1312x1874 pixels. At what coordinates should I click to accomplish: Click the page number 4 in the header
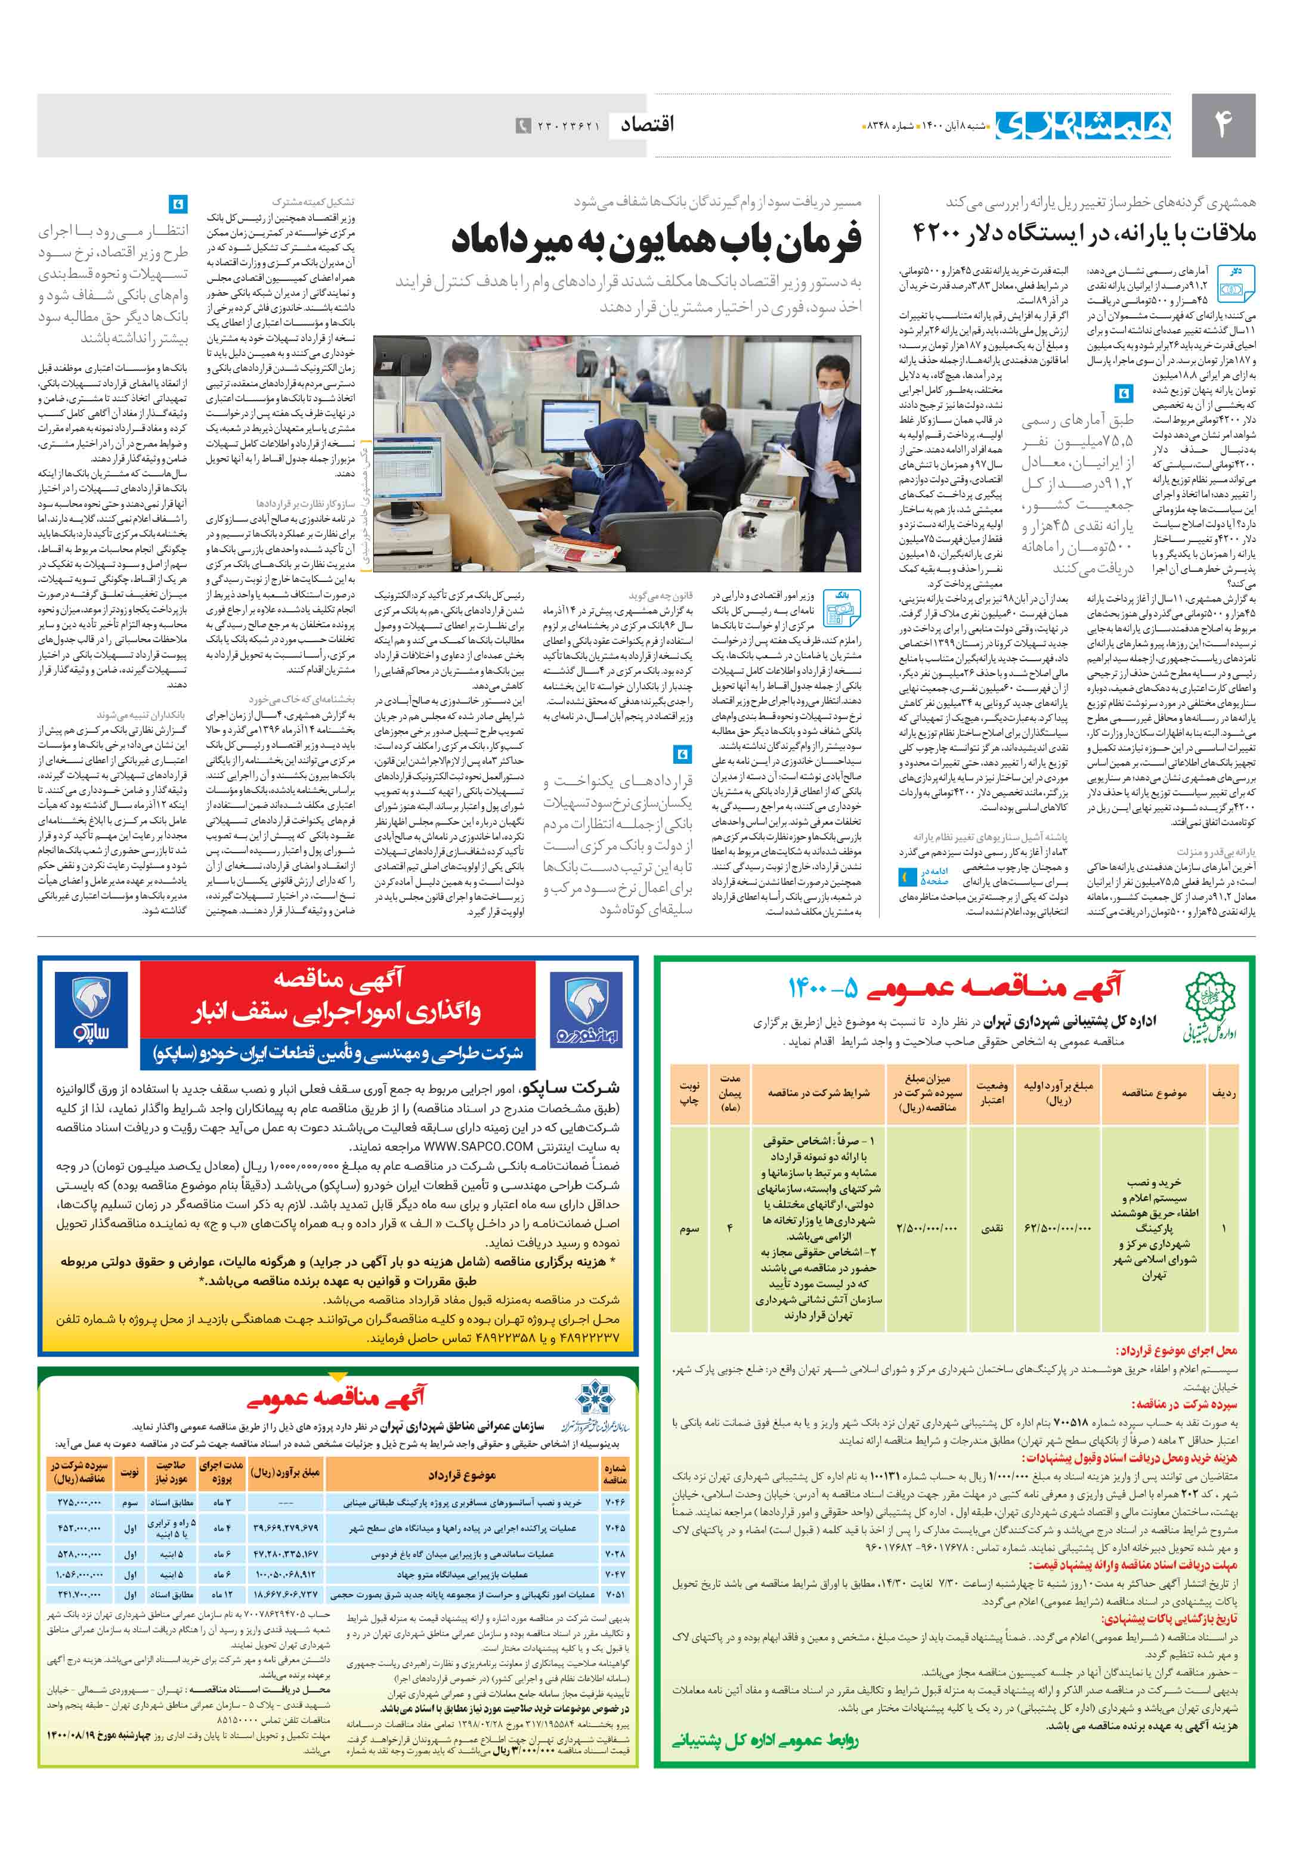pos(1222,124)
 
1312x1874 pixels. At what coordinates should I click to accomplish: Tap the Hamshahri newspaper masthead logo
pos(1082,125)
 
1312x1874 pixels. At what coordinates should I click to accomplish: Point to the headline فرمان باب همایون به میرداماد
pos(657,240)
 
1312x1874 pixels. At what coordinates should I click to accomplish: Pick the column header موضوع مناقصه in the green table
pos(1153,1093)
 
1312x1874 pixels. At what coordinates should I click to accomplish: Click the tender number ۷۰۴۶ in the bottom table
pos(615,1502)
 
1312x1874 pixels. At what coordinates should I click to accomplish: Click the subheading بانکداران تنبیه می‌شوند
pos(141,715)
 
